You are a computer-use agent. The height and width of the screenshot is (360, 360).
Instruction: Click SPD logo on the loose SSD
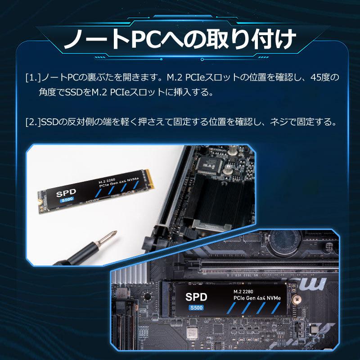[66, 193]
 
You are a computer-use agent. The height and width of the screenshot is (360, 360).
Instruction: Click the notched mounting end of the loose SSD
[42, 198]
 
